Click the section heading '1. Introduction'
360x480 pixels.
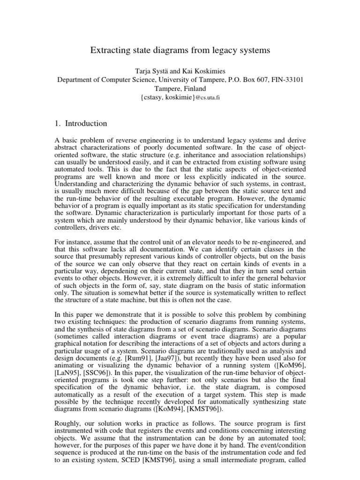click(x=81, y=124)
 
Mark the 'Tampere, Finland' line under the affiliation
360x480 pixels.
click(x=180, y=88)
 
